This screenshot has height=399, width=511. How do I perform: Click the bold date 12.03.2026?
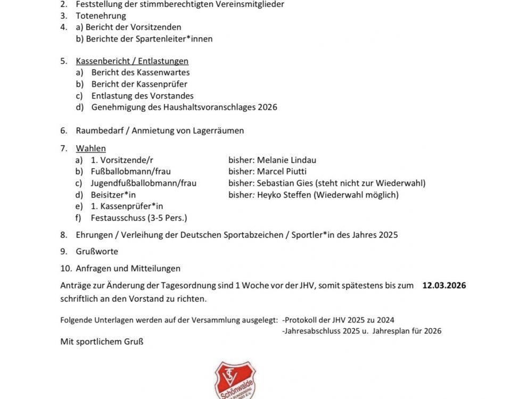point(444,286)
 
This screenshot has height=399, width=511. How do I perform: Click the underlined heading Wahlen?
point(91,148)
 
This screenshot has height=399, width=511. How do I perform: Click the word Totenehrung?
point(94,16)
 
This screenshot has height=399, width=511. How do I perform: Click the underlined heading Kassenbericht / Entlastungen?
point(132,61)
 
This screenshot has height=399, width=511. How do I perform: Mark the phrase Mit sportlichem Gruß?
point(102,342)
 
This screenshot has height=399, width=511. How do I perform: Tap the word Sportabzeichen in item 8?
point(257,234)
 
